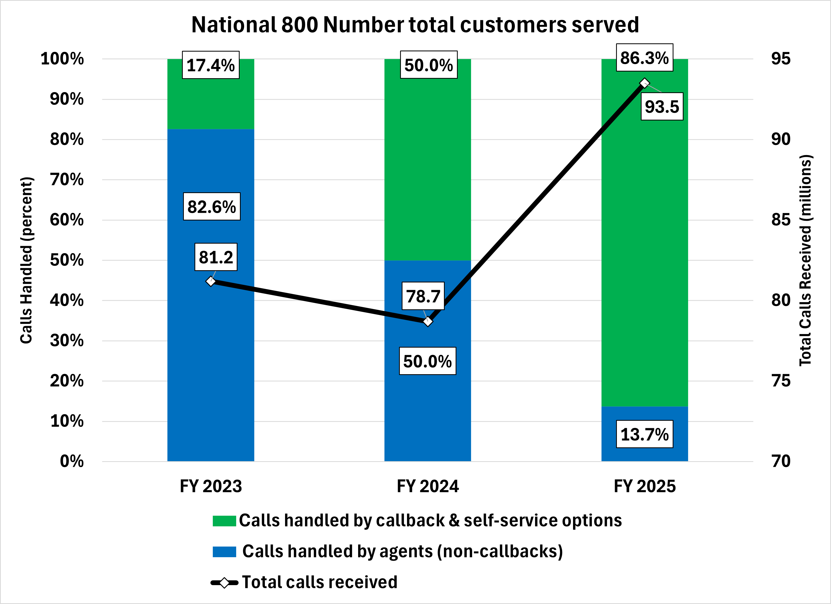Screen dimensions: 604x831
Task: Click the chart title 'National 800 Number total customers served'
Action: click(x=415, y=25)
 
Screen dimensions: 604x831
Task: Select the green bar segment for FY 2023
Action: click(x=211, y=103)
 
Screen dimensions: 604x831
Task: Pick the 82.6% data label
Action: click(x=212, y=206)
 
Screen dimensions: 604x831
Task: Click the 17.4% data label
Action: click(x=211, y=65)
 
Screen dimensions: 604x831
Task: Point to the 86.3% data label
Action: click(x=645, y=57)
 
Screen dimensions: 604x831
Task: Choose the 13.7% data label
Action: click(x=645, y=434)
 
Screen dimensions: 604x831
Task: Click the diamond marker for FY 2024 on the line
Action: click(x=428, y=322)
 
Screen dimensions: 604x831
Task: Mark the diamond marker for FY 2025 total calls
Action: click(x=645, y=83)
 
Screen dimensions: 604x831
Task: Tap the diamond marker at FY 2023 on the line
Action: click(x=211, y=281)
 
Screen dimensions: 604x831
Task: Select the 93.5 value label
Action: click(x=662, y=107)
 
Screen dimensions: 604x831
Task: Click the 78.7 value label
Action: click(x=423, y=296)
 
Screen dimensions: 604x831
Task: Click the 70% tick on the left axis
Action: click(x=67, y=180)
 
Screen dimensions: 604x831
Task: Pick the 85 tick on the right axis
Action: click(x=781, y=220)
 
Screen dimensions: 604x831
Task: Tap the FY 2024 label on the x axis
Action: click(x=428, y=486)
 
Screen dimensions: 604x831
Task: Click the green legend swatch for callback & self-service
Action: click(x=224, y=521)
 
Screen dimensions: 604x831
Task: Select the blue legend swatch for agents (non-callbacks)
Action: click(x=224, y=552)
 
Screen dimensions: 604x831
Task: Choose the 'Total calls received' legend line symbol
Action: click(x=224, y=582)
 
